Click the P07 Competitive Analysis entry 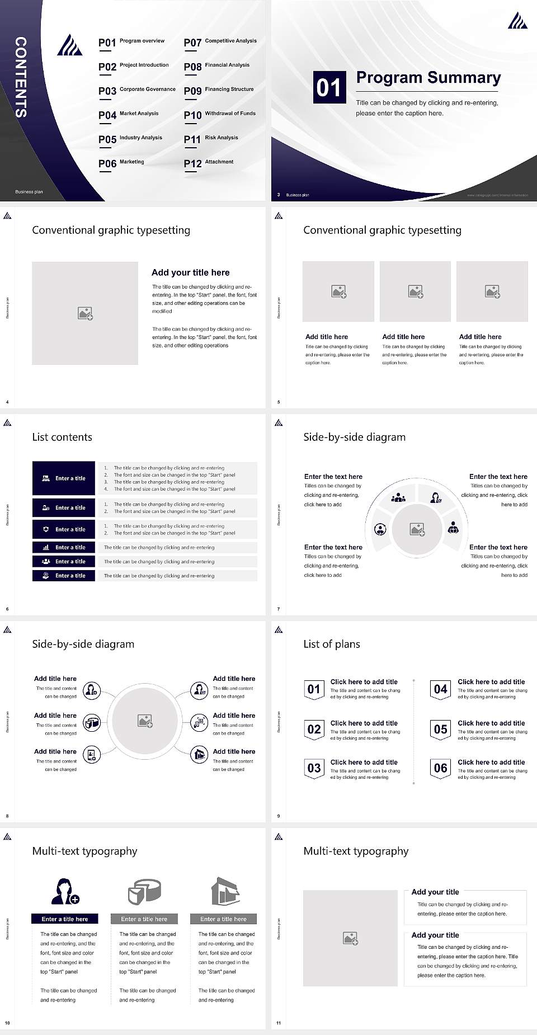tap(220, 42)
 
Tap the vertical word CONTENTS tap(21, 77)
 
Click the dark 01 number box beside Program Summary tap(328, 87)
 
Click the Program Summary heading tap(428, 78)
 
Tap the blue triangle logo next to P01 tap(69, 45)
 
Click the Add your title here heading tap(190, 272)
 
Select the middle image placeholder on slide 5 tap(415, 291)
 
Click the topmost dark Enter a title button tap(64, 478)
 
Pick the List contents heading tap(62, 437)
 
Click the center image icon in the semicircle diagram tap(417, 529)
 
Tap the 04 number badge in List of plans tap(441, 689)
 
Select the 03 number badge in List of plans tap(314, 768)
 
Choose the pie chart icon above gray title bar tap(144, 891)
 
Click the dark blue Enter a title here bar tap(64, 919)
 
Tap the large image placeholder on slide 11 tap(350, 938)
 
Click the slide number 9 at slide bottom tap(279, 816)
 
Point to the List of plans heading tap(331, 644)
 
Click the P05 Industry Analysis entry tap(130, 139)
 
